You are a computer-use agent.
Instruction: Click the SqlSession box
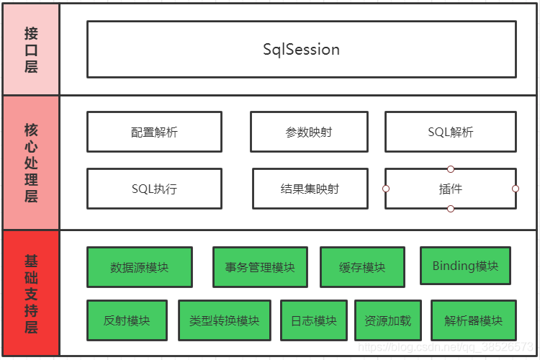[301, 49]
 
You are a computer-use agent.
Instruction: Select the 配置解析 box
[154, 132]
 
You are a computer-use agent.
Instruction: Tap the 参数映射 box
[309, 132]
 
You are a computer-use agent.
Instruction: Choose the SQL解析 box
[450, 132]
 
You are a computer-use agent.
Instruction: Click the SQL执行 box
[154, 189]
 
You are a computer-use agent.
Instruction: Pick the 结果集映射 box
[310, 189]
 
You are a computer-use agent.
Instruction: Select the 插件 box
[450, 189]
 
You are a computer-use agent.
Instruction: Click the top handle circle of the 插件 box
[451, 169]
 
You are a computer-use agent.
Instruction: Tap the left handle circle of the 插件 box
[386, 189]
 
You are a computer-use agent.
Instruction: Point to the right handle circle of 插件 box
[516, 189]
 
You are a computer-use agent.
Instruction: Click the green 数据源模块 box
[140, 267]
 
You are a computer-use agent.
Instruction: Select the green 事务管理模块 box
[260, 267]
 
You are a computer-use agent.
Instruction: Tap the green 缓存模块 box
[362, 267]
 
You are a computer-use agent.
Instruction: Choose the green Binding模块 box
[465, 266]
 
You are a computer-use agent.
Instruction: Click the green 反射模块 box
[127, 320]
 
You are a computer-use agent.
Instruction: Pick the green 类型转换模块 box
[224, 320]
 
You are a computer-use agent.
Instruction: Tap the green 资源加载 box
[387, 320]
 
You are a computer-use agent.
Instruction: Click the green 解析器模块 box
[473, 320]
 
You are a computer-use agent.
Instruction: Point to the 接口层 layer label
[30, 50]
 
